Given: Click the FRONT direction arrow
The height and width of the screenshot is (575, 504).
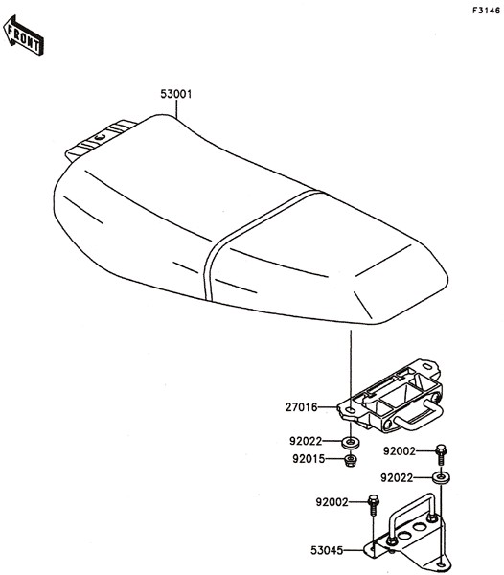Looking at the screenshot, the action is coord(23,35).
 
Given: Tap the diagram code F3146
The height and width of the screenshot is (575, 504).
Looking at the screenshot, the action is coord(486,11).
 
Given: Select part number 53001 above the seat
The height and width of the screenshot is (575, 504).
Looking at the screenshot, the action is coord(176,94).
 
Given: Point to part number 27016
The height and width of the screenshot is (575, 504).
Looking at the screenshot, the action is coord(301,407).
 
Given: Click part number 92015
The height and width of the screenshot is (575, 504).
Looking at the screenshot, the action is coord(309,459).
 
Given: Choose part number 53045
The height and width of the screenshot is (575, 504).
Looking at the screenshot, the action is coord(327,550).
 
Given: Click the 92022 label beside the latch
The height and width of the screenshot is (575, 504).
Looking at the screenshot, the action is coord(306,441).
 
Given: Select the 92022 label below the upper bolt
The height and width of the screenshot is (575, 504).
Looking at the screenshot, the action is coord(397,478).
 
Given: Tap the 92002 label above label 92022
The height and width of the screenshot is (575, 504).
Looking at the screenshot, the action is coord(400,451).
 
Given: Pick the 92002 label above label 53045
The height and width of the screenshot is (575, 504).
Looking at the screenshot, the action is coord(332,502).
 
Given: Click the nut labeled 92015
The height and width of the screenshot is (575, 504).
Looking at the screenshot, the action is coord(351,460).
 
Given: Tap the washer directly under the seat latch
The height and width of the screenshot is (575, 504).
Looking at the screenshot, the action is coord(351,442).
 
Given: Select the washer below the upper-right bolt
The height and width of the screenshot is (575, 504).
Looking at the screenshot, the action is coord(441,478).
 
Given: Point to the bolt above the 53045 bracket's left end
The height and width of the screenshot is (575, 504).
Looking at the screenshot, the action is coord(373,505).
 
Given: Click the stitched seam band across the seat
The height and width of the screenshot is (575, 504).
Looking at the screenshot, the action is coord(257,235).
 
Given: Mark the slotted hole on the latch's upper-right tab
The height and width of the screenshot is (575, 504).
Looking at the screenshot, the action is coord(427,367).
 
